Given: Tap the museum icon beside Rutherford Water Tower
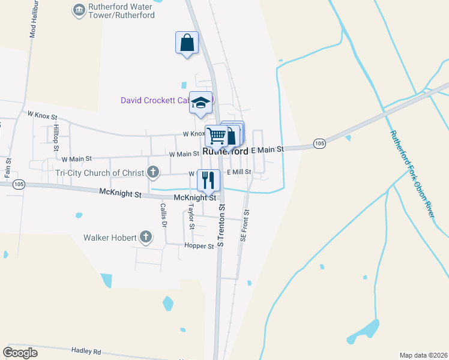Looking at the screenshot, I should (78, 10).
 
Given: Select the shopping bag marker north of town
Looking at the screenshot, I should (187, 43).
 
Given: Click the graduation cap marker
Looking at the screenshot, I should (201, 102).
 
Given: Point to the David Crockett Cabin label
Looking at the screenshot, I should (155, 100).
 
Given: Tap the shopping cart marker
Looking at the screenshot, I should (215, 135).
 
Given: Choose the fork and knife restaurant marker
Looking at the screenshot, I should (208, 179).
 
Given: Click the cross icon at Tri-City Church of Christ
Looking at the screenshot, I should (153, 173).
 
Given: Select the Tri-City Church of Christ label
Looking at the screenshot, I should (100, 173).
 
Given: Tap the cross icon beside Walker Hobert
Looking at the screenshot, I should (145, 238).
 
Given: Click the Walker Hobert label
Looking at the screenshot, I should (110, 238).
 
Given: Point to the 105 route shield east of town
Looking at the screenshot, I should (319, 143).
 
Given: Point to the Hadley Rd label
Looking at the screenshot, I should (86, 352).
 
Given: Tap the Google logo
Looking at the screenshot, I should (20, 353).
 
